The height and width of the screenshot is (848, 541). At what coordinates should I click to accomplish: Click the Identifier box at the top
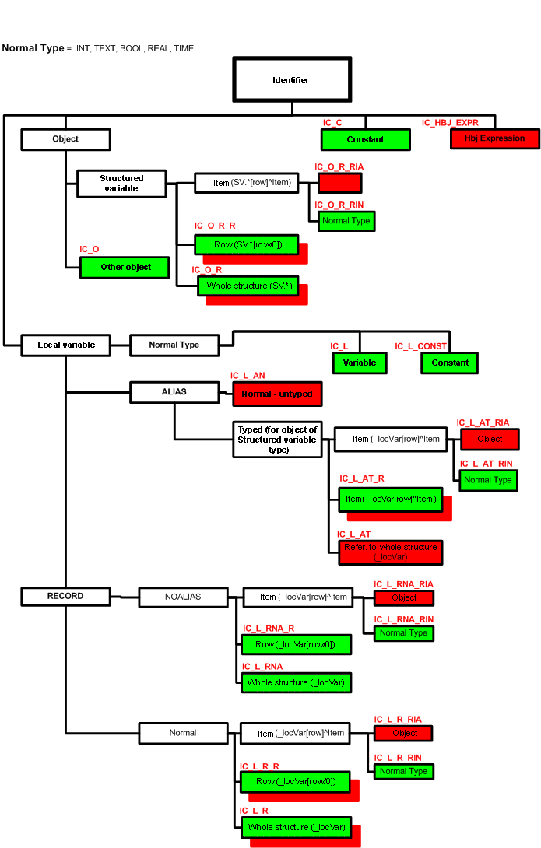292,79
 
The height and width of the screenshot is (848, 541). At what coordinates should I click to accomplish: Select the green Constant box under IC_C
365,139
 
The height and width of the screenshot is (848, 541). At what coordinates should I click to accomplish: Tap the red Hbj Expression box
495,138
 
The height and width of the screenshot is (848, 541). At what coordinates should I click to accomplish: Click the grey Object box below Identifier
65,139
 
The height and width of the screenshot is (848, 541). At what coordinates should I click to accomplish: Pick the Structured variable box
121,184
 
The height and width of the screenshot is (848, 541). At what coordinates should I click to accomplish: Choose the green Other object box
125,267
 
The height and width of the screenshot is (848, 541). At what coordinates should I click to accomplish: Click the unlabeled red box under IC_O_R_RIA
339,183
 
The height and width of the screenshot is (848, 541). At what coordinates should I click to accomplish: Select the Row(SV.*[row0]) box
247,245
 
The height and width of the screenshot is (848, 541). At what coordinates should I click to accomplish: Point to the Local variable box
65,345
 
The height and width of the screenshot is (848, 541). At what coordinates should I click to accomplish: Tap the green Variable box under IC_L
360,363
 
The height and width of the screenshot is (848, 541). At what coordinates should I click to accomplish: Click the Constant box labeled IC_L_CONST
450,363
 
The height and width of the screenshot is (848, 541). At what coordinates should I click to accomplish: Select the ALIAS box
174,392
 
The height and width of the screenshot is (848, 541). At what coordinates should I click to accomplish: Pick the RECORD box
65,596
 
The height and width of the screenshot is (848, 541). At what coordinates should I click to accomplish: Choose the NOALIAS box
183,597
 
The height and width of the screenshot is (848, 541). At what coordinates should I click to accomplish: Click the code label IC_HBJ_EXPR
450,123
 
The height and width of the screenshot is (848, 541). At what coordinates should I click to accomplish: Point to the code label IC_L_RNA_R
268,629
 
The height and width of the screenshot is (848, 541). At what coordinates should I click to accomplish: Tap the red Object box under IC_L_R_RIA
403,733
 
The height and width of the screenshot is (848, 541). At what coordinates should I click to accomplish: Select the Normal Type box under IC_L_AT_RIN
487,480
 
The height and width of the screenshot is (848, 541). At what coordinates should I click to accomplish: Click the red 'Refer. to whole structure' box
390,552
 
